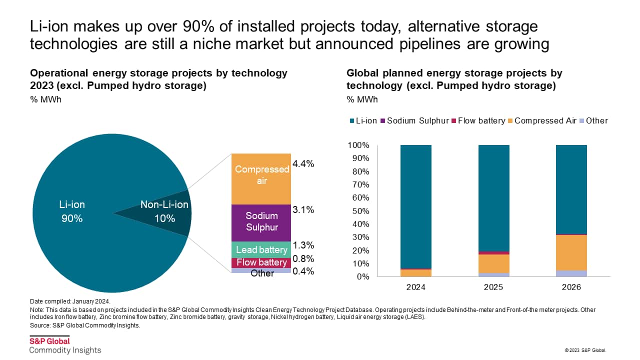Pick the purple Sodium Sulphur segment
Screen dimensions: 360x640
point(261,222)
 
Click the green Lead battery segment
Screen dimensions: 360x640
point(261,249)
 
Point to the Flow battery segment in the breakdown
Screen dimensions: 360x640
point(261,262)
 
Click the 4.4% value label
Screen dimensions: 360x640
point(303,164)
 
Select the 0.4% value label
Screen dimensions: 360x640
point(303,271)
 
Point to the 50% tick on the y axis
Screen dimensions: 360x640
point(360,211)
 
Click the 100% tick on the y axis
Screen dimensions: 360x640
point(358,145)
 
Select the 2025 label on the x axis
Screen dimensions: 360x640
point(493,288)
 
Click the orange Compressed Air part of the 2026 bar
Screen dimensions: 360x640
point(571,252)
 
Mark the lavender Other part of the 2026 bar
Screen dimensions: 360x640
point(571,273)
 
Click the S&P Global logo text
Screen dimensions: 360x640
point(49,341)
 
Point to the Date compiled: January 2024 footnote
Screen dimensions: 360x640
point(70,301)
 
